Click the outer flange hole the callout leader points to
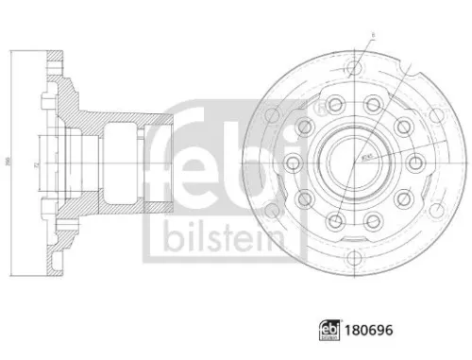pyautogui.click(x=355, y=68)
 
